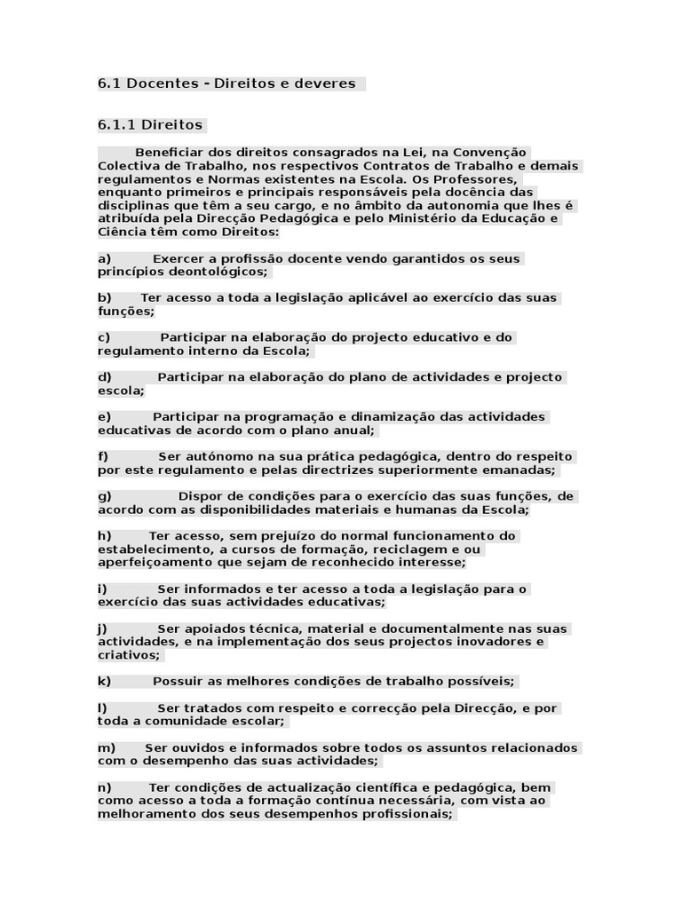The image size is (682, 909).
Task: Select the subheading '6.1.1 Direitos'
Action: (150, 125)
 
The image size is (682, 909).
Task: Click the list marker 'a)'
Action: (104, 258)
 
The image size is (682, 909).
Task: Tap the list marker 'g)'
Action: (105, 496)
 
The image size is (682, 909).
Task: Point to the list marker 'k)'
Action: (104, 682)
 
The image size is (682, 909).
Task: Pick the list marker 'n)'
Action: (105, 787)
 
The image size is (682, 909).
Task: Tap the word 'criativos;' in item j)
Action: (129, 655)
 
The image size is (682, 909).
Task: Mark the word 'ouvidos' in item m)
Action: (195, 748)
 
